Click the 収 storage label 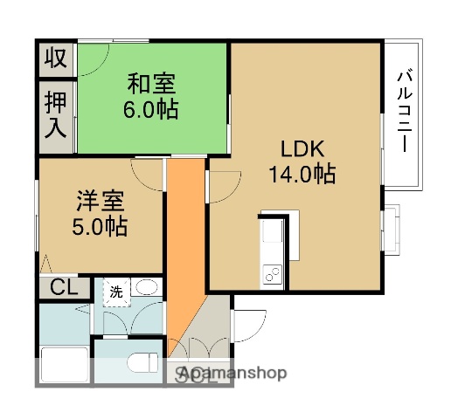point(55,59)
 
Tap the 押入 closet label point(55,115)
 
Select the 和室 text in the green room point(152,85)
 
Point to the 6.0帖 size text point(152,110)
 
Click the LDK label point(302,148)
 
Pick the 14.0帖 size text point(302,174)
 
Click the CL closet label point(60,286)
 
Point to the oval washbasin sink point(148,288)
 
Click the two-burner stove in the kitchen point(271,274)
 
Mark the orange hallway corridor point(184,244)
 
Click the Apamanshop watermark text point(232,374)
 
